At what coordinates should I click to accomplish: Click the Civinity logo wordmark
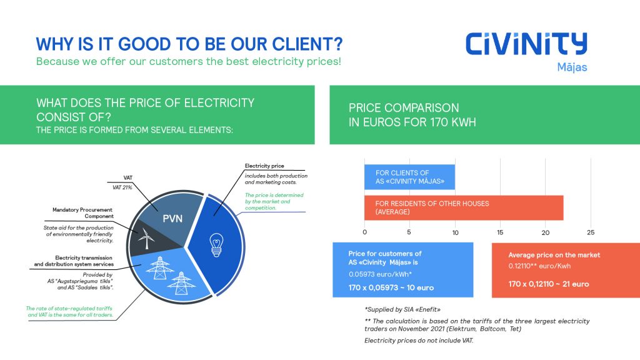(526, 44)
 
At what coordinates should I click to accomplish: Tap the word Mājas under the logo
(572, 67)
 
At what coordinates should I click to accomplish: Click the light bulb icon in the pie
(216, 245)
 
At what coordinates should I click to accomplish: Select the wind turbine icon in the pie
(146, 238)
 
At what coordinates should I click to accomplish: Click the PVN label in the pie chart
(172, 219)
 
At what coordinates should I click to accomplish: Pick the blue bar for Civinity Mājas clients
(409, 177)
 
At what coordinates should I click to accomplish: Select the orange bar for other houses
(464, 207)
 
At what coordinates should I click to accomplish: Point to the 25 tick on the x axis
(591, 232)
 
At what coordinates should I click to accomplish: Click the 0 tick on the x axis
(364, 232)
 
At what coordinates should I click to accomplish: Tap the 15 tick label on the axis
(500, 232)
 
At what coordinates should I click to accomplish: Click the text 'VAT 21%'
(122, 187)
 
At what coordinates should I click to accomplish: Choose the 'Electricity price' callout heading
(264, 166)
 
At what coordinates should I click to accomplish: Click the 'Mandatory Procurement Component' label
(83, 212)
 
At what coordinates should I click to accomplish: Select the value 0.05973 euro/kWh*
(380, 274)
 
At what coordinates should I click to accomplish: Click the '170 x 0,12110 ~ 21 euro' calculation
(549, 284)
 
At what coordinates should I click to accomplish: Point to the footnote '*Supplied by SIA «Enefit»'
(402, 309)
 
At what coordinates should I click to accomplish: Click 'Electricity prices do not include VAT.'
(419, 341)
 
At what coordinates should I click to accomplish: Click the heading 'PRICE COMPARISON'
(404, 107)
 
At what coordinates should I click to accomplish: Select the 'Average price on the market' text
(554, 255)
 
